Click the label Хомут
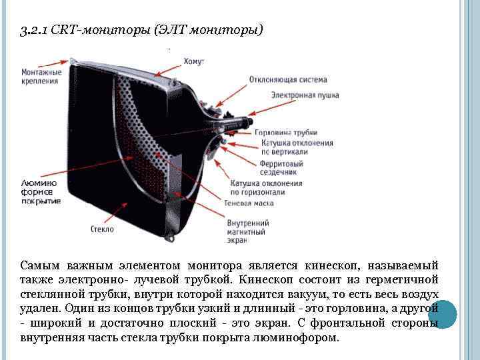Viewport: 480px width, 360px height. click(193, 61)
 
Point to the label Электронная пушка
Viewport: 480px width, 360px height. click(305, 95)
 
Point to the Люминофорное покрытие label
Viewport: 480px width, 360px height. click(41, 191)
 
